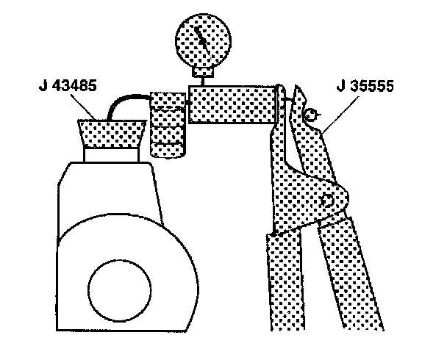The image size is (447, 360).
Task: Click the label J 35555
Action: [365, 86]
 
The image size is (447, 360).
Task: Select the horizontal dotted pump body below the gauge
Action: [232, 104]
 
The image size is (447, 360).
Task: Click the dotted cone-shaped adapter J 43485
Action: [110, 133]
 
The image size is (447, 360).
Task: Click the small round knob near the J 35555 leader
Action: [310, 114]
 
